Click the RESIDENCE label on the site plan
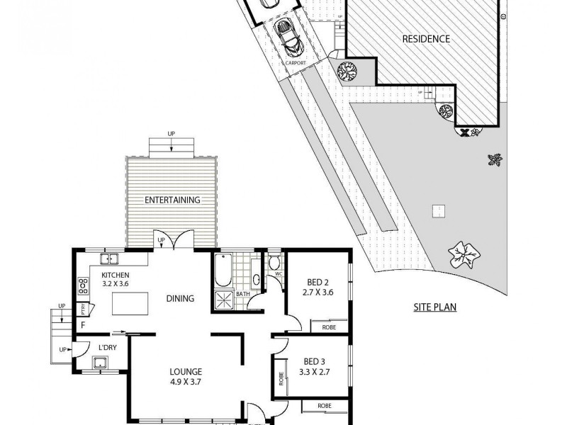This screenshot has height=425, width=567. pos(426,39)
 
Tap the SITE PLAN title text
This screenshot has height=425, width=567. pos(434,307)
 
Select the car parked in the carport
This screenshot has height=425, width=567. pos(289,38)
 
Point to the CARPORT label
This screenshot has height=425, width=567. pos(296,62)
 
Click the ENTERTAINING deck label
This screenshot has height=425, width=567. pos(172,200)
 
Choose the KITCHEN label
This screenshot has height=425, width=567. pos(115,276)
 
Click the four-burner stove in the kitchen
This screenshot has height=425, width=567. pos(82,286)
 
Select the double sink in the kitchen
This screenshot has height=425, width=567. pos(108,258)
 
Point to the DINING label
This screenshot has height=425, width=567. pos(180,298)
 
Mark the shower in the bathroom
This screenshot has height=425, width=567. pos(225,300)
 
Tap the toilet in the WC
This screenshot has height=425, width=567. pos(274,263)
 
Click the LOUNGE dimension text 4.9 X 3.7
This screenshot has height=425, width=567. pos(186,382)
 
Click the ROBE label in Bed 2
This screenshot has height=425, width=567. pos(329,328)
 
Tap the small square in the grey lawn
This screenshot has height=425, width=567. pos(439,210)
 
